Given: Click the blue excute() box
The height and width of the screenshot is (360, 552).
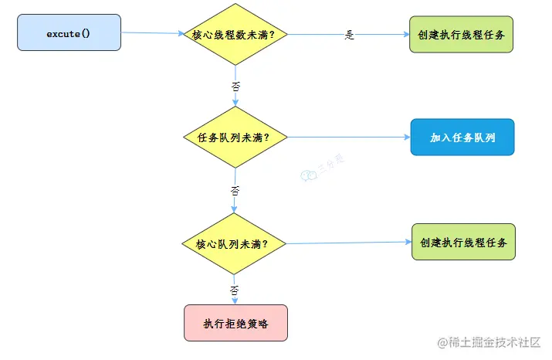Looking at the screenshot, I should point(69,32).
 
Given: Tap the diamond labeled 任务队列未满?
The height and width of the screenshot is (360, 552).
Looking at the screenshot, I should point(235,138).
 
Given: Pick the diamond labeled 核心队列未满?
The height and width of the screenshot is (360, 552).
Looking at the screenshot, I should point(234,244).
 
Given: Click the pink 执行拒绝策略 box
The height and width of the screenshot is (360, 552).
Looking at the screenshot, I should point(235,323).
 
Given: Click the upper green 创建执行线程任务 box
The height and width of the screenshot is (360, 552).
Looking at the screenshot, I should point(461,34).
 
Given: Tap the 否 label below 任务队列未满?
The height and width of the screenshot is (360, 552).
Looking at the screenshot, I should point(235,189).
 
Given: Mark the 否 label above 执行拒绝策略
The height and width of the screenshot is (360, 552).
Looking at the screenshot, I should point(235,290).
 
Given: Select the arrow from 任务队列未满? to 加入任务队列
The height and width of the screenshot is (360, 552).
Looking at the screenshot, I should point(347,138).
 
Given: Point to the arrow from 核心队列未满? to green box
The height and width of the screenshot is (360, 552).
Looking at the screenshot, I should point(347,243).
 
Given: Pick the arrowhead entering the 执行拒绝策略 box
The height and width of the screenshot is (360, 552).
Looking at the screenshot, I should point(235,301).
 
